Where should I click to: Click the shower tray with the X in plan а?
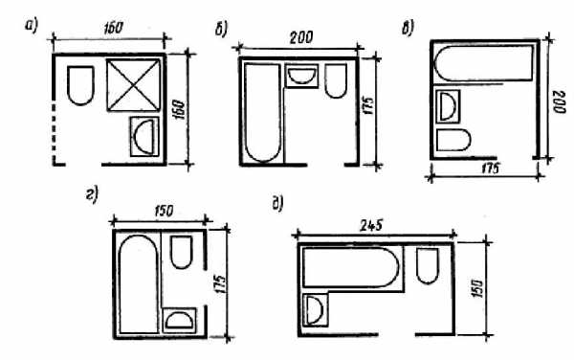pyautogui.click(x=134, y=84)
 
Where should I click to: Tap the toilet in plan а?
pyautogui.click(x=80, y=85)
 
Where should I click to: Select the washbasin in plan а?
pyautogui.click(x=144, y=137)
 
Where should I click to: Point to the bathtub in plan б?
pyautogui.click(x=263, y=113)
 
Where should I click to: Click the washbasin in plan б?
pyautogui.click(x=301, y=77)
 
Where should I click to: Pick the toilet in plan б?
pyautogui.click(x=336, y=81)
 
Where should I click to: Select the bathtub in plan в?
pyautogui.click(x=483, y=63)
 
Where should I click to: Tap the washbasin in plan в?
pyautogui.click(x=448, y=106)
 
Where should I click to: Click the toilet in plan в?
pyautogui.click(x=453, y=140)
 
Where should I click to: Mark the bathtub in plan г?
pyautogui.click(x=139, y=284)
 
